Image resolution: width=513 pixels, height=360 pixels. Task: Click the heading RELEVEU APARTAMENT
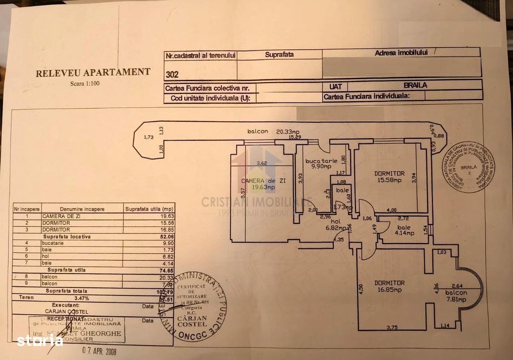93,72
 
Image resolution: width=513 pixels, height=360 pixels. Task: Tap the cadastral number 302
172,74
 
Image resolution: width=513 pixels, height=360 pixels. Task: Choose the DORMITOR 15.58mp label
390,177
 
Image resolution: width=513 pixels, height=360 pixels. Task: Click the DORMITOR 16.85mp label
390,286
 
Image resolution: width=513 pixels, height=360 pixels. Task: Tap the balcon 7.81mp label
456,296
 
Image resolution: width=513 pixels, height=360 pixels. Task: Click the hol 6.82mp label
337,225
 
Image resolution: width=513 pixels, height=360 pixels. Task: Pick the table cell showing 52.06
167,237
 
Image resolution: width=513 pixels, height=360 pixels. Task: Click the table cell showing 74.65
167,270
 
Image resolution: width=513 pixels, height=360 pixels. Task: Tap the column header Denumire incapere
82,209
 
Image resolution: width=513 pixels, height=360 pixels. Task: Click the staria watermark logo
40,340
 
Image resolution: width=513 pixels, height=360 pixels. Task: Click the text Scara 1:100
85,84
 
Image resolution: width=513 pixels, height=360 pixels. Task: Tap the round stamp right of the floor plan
468,167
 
